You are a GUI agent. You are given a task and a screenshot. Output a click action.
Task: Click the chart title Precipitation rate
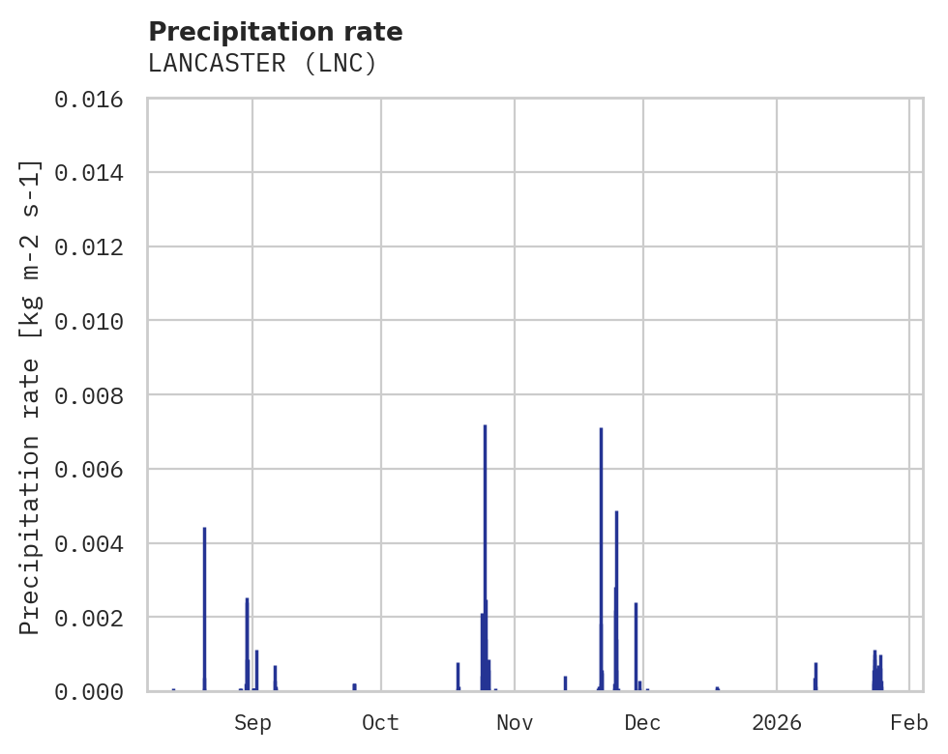click(x=276, y=32)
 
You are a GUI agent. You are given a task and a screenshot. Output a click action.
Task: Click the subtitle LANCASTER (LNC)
click(x=261, y=64)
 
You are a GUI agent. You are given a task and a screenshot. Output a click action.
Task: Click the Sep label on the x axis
click(x=252, y=722)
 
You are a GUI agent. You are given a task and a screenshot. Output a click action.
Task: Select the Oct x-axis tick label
click(x=380, y=722)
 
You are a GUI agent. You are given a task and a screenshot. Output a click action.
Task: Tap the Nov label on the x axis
click(x=515, y=722)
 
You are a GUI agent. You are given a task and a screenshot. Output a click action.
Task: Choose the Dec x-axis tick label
click(x=642, y=722)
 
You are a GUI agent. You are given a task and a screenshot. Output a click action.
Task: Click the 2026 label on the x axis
click(x=777, y=722)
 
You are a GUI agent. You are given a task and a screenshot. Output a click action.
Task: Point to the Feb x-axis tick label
click(x=909, y=722)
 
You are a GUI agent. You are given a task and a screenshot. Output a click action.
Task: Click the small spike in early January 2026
click(x=815, y=676)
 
